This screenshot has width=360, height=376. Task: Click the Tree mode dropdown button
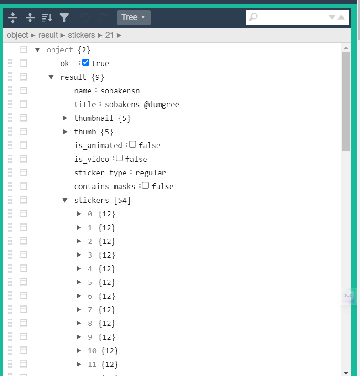click(x=134, y=17)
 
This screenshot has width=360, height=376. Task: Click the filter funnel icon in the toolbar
click(x=64, y=17)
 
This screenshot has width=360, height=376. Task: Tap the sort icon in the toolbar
click(x=47, y=17)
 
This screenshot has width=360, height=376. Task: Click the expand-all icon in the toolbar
click(x=13, y=17)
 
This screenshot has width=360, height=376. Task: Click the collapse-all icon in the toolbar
click(x=30, y=17)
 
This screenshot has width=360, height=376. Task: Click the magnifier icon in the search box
click(x=253, y=17)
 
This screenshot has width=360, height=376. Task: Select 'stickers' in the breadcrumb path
click(x=82, y=35)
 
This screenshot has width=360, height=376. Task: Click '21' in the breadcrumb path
click(x=110, y=35)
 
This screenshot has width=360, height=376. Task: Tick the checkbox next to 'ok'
click(x=85, y=62)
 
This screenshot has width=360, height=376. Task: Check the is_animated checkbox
click(x=132, y=144)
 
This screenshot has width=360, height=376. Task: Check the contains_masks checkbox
click(x=146, y=185)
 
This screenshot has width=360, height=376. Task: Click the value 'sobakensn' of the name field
click(x=120, y=91)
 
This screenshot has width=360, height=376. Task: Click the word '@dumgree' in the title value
click(x=162, y=104)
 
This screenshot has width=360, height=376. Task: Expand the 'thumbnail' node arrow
click(x=65, y=118)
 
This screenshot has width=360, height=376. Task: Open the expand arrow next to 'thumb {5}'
click(x=65, y=132)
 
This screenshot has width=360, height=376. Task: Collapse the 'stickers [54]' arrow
click(x=65, y=200)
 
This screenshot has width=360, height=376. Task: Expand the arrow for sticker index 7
click(x=79, y=309)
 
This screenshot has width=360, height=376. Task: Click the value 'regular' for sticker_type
click(x=151, y=173)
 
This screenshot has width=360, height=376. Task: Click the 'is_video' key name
click(x=92, y=159)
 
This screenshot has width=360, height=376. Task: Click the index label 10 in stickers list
click(x=92, y=351)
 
